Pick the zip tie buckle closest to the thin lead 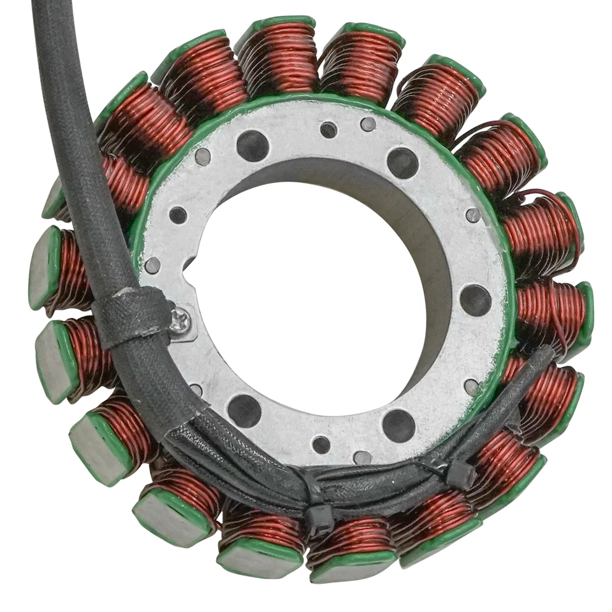click(460, 474)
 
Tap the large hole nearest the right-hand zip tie click(398, 425)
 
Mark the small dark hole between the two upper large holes click(328, 130)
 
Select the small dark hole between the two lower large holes click(321, 444)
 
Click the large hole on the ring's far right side click(476, 300)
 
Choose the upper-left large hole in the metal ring click(252, 145)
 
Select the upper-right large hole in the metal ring click(403, 163)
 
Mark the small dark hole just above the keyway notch click(178, 215)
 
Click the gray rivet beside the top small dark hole click(368, 124)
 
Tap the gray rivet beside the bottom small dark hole click(362, 457)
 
